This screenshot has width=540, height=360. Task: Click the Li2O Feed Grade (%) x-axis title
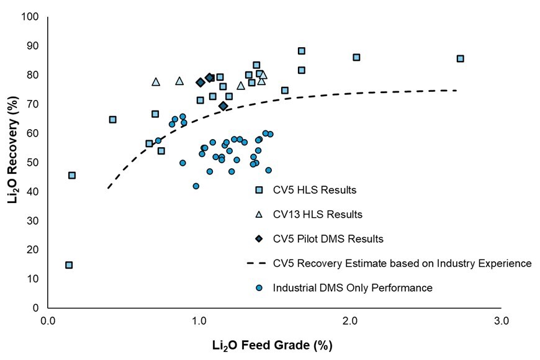(276, 343)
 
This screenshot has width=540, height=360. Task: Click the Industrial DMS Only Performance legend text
(352, 287)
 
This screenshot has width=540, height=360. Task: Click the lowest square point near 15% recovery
(69, 265)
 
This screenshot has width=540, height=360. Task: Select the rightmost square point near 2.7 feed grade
(460, 58)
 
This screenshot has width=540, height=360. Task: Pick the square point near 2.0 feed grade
(356, 57)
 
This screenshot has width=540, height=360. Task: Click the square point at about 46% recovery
(72, 175)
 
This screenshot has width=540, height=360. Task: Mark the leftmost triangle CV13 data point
(156, 82)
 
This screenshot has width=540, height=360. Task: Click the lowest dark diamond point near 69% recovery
(223, 106)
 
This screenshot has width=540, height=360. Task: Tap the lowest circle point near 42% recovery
(196, 186)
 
